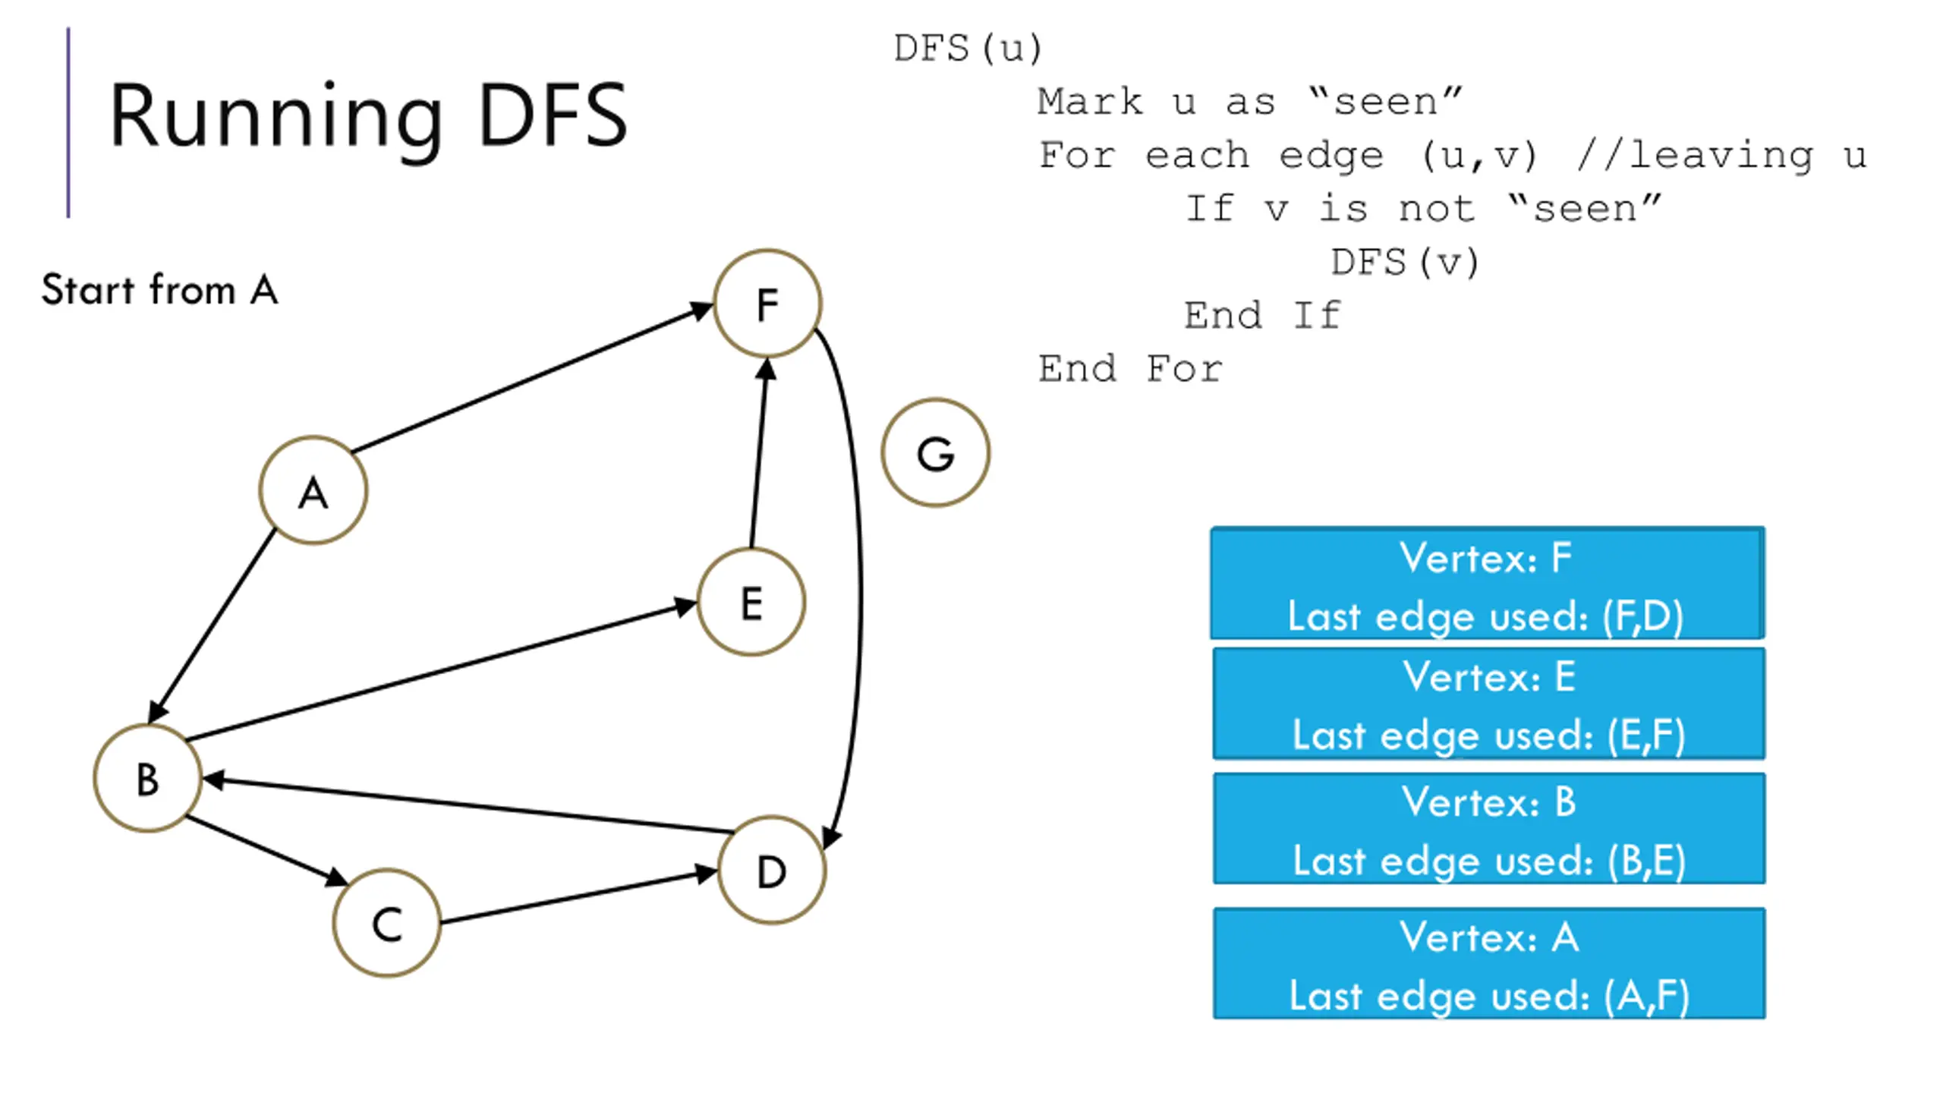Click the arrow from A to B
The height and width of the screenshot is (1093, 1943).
click(212, 625)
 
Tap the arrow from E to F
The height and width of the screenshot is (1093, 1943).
click(760, 453)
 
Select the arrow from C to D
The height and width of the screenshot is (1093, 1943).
click(579, 897)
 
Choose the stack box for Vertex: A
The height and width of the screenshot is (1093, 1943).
click(1489, 963)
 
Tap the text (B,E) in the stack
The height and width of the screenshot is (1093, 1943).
click(1646, 861)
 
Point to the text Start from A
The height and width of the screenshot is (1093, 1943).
click(160, 289)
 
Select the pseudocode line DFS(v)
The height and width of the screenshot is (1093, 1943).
click(1405, 263)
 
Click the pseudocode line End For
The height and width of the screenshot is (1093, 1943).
click(1131, 369)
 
